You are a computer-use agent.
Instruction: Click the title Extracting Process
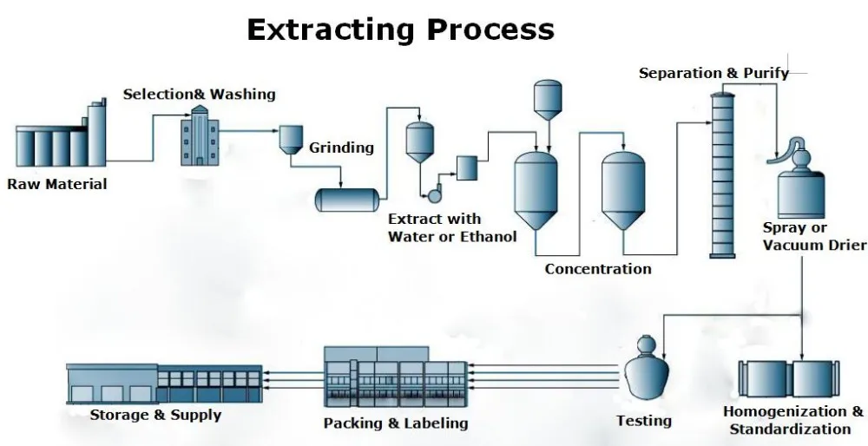coord(400,30)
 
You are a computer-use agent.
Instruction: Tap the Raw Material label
coord(57,184)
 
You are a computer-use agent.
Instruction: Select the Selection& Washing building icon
coord(200,135)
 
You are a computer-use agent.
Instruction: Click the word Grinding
coord(341,148)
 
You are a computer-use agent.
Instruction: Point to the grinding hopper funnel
coord(291,140)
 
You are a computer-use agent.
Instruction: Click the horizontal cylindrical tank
coord(347,200)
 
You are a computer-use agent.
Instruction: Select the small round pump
coord(434,194)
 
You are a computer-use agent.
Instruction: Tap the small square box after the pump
coord(467,168)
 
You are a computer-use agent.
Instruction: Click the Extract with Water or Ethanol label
coord(452,228)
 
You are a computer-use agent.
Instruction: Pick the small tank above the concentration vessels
coord(548,100)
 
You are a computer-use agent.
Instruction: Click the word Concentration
coord(598,269)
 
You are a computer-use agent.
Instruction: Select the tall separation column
coord(722,175)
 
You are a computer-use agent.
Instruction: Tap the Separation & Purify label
coord(713,73)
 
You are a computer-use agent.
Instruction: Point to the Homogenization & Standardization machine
coord(789,378)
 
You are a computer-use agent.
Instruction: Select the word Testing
coord(644,421)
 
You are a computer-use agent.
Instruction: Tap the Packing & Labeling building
coord(395,377)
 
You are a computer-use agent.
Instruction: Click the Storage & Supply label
coord(155,415)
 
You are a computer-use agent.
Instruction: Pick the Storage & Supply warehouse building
coord(164,384)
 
